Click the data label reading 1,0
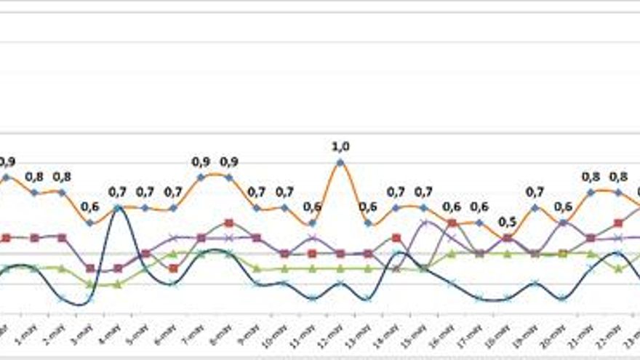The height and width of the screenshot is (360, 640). coord(340,147)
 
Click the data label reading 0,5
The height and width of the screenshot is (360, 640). coord(507,222)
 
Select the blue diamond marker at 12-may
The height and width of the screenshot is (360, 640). coord(340,162)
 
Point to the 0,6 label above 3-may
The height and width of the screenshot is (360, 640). coord(89,207)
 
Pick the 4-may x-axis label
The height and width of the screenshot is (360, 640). coord(113,335)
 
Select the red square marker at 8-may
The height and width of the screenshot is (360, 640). coord(228,223)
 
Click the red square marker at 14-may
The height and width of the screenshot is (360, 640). coord(396,237)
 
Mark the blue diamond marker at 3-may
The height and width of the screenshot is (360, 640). coord(89,223)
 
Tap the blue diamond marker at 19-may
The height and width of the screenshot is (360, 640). coord(535,207)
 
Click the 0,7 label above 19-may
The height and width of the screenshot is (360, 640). coord(535,192)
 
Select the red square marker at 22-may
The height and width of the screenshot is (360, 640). coord(618,223)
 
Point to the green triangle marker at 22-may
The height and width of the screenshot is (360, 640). coord(618,268)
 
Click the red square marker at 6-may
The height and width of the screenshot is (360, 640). coord(173,268)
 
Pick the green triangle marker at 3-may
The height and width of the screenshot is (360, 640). coord(89,284)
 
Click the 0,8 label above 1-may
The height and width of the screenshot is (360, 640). coord(34,177)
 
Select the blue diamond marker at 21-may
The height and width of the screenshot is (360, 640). coord(591,192)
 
